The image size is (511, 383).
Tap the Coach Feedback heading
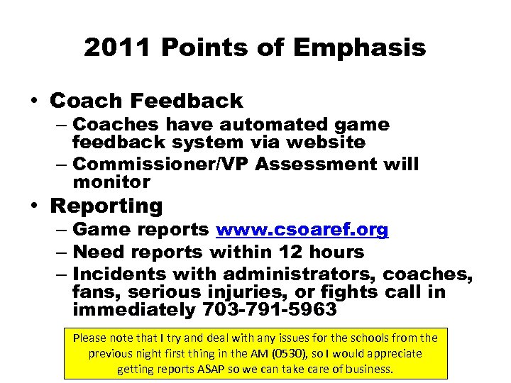[146, 101]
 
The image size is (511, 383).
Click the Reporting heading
[106, 206]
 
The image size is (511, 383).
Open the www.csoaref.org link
[302, 230]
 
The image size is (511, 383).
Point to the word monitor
[111, 182]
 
